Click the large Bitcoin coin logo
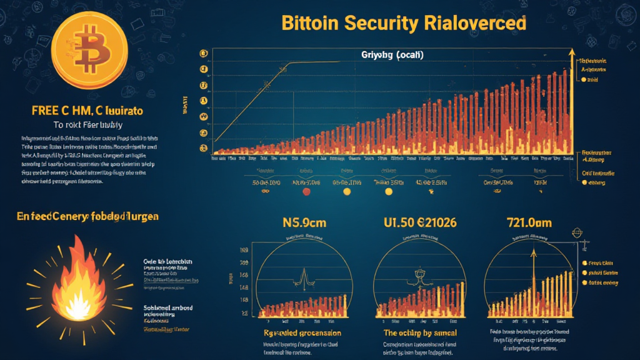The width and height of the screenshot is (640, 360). click(x=90, y=48)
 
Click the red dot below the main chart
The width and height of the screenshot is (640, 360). click(x=306, y=192)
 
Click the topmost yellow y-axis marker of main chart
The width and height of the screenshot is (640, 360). click(x=203, y=54)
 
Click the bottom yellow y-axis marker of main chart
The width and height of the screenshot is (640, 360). click(x=203, y=148)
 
